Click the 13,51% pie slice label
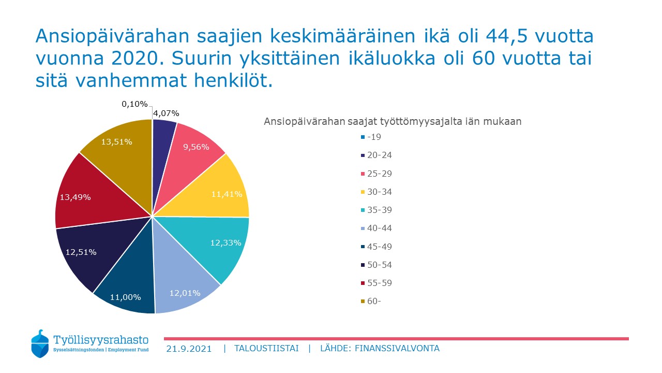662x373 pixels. [116, 142]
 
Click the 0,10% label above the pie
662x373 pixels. [134, 104]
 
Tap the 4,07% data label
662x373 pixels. [166, 113]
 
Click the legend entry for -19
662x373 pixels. [371, 137]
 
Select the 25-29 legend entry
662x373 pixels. [376, 174]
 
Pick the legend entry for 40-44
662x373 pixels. [376, 228]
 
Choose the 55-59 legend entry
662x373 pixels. [376, 283]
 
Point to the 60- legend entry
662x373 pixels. [371, 302]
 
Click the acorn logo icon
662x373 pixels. [40, 343]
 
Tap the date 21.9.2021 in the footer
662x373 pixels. [189, 349]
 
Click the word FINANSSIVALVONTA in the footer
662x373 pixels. [397, 349]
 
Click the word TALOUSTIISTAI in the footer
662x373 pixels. [266, 349]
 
